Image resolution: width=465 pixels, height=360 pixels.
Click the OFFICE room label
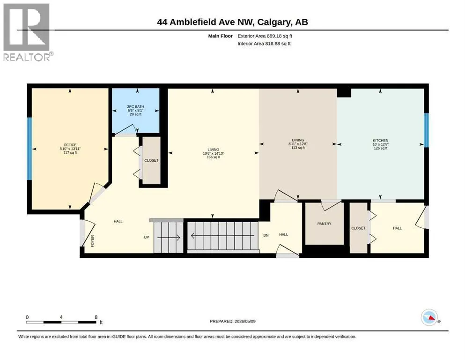click(x=70, y=145)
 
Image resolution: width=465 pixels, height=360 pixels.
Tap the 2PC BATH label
click(x=135, y=106)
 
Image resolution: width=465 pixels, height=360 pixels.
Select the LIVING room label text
click(x=213, y=150)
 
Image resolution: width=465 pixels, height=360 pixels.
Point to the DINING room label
click(x=298, y=140)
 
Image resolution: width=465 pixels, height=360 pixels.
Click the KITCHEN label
click(x=381, y=140)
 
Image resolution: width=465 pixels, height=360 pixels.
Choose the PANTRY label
click(x=324, y=224)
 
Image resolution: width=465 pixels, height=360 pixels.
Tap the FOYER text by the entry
click(x=92, y=241)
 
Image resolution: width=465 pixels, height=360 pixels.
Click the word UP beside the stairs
click(x=146, y=237)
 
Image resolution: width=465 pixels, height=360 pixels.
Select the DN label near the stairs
click(x=266, y=235)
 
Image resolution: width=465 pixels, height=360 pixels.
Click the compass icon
click(x=429, y=317)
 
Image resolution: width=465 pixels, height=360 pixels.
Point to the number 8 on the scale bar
click(x=96, y=317)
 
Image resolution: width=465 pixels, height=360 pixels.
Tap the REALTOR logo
click(x=27, y=32)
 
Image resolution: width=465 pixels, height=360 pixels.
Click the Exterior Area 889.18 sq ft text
click(x=265, y=36)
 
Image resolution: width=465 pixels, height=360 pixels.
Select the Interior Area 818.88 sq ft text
click(x=264, y=43)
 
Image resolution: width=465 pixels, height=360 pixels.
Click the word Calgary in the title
click(x=274, y=22)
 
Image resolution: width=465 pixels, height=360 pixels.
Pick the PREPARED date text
click(x=232, y=321)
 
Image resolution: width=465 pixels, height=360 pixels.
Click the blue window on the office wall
click(x=30, y=149)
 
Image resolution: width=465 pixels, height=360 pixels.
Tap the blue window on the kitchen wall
click(x=426, y=130)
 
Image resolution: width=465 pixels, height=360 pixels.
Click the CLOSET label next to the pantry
click(x=358, y=228)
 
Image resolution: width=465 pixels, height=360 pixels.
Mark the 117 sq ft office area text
click(x=70, y=152)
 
